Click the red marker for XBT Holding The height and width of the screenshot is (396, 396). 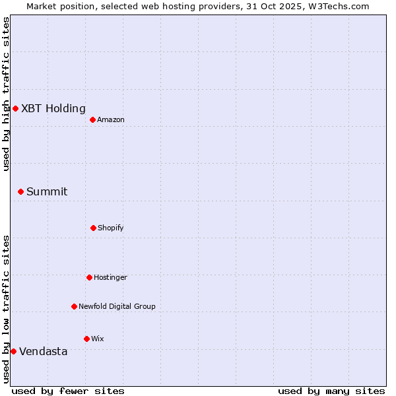(x=15, y=108)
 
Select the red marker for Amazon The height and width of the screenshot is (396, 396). (x=92, y=119)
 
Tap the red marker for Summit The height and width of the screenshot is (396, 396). (x=20, y=191)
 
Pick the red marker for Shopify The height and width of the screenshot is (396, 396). (x=93, y=228)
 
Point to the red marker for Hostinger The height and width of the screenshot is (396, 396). (x=89, y=277)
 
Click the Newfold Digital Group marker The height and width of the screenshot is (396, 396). (x=74, y=306)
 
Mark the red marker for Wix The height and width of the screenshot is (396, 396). (x=86, y=339)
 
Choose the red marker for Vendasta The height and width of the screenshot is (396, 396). (x=13, y=351)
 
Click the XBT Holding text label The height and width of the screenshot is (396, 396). (x=53, y=109)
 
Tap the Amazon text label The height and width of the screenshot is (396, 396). (x=111, y=119)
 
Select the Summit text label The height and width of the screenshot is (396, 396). (x=47, y=192)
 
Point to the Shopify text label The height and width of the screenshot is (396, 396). (x=111, y=228)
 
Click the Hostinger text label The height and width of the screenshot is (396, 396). (x=110, y=277)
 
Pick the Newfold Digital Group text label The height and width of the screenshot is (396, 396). (x=117, y=306)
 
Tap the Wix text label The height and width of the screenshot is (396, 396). (x=98, y=339)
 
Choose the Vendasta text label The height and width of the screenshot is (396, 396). (x=44, y=352)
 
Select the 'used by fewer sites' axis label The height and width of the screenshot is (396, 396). (x=68, y=391)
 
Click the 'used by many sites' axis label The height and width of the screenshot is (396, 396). (x=331, y=391)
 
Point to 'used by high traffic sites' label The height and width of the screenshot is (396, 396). (x=6, y=94)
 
